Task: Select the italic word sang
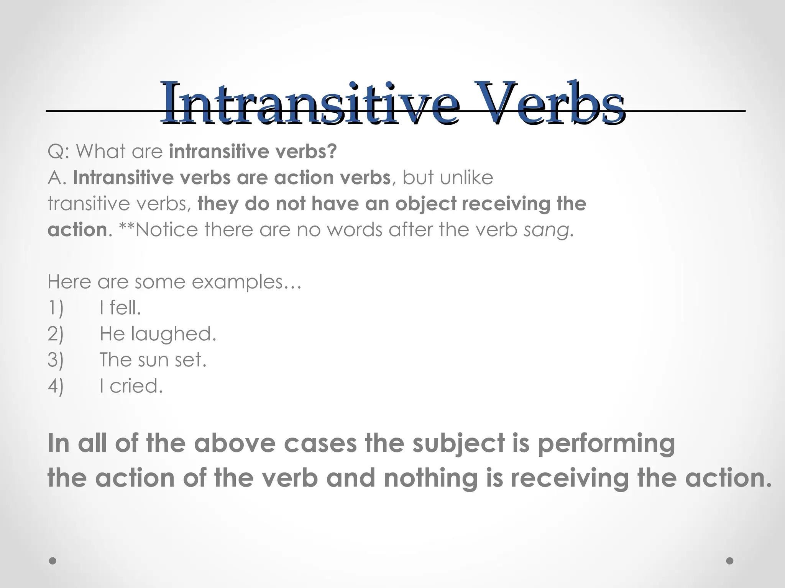[546, 230]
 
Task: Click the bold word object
[425, 204]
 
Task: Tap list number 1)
[56, 308]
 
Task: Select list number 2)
[56, 334]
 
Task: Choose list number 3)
[56, 360]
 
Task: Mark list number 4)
[56, 386]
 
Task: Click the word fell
[125, 308]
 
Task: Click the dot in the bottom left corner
[53, 561]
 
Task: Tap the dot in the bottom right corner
[730, 561]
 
